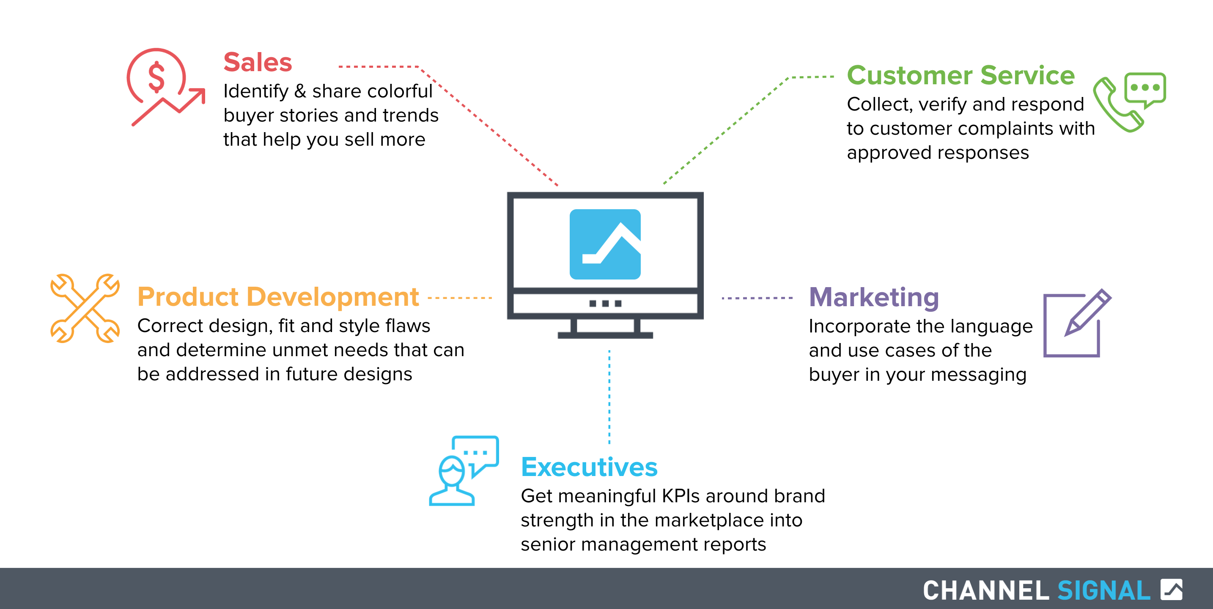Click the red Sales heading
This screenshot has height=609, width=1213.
tap(258, 62)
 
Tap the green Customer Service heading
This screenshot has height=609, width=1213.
tap(961, 75)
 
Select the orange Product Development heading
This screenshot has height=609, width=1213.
tap(278, 297)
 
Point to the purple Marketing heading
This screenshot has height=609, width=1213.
tap(874, 298)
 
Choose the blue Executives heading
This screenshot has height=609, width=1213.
tap(589, 467)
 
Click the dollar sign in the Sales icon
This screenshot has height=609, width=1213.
tap(156, 77)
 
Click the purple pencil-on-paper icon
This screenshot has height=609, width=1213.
tap(1077, 324)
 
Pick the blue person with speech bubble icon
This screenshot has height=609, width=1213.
tap(464, 471)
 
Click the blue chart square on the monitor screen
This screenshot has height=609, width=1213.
tap(605, 244)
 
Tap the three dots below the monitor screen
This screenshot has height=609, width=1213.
tap(605, 303)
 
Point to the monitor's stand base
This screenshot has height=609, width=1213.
tap(605, 335)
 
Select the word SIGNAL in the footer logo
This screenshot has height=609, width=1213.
tap(1104, 590)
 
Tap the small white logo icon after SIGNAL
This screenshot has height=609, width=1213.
tap(1171, 589)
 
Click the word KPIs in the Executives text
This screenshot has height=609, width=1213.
tap(681, 496)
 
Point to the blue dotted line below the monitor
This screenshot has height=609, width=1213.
tap(609, 397)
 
